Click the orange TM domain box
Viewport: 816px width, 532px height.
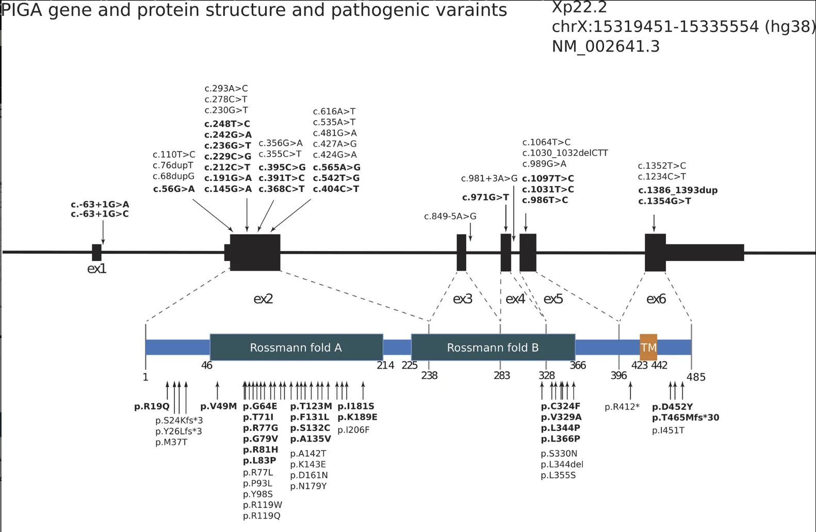tap(648, 347)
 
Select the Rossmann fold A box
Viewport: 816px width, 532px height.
tap(296, 347)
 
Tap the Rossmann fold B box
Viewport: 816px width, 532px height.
tap(493, 347)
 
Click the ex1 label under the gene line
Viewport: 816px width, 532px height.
tap(96, 269)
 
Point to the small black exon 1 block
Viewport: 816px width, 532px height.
tap(96, 253)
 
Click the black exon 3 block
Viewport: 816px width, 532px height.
tap(461, 253)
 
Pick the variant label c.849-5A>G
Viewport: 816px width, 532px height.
tap(450, 217)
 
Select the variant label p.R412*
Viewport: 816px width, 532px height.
tap(622, 407)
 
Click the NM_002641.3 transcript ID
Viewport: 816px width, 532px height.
tap(606, 46)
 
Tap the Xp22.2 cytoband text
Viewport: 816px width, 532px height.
tap(579, 7)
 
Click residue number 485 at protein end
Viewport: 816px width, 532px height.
tap(696, 377)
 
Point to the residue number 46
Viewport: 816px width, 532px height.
tap(206, 365)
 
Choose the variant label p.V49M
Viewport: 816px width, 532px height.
tap(218, 406)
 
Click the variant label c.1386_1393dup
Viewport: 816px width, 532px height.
tap(677, 190)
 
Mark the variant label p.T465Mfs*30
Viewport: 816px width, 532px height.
tap(685, 418)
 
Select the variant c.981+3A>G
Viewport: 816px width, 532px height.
tap(489, 178)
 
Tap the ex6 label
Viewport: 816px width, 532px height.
tap(656, 299)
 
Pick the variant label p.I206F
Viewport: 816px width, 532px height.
tap(353, 430)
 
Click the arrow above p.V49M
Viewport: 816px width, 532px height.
tap(218, 390)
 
